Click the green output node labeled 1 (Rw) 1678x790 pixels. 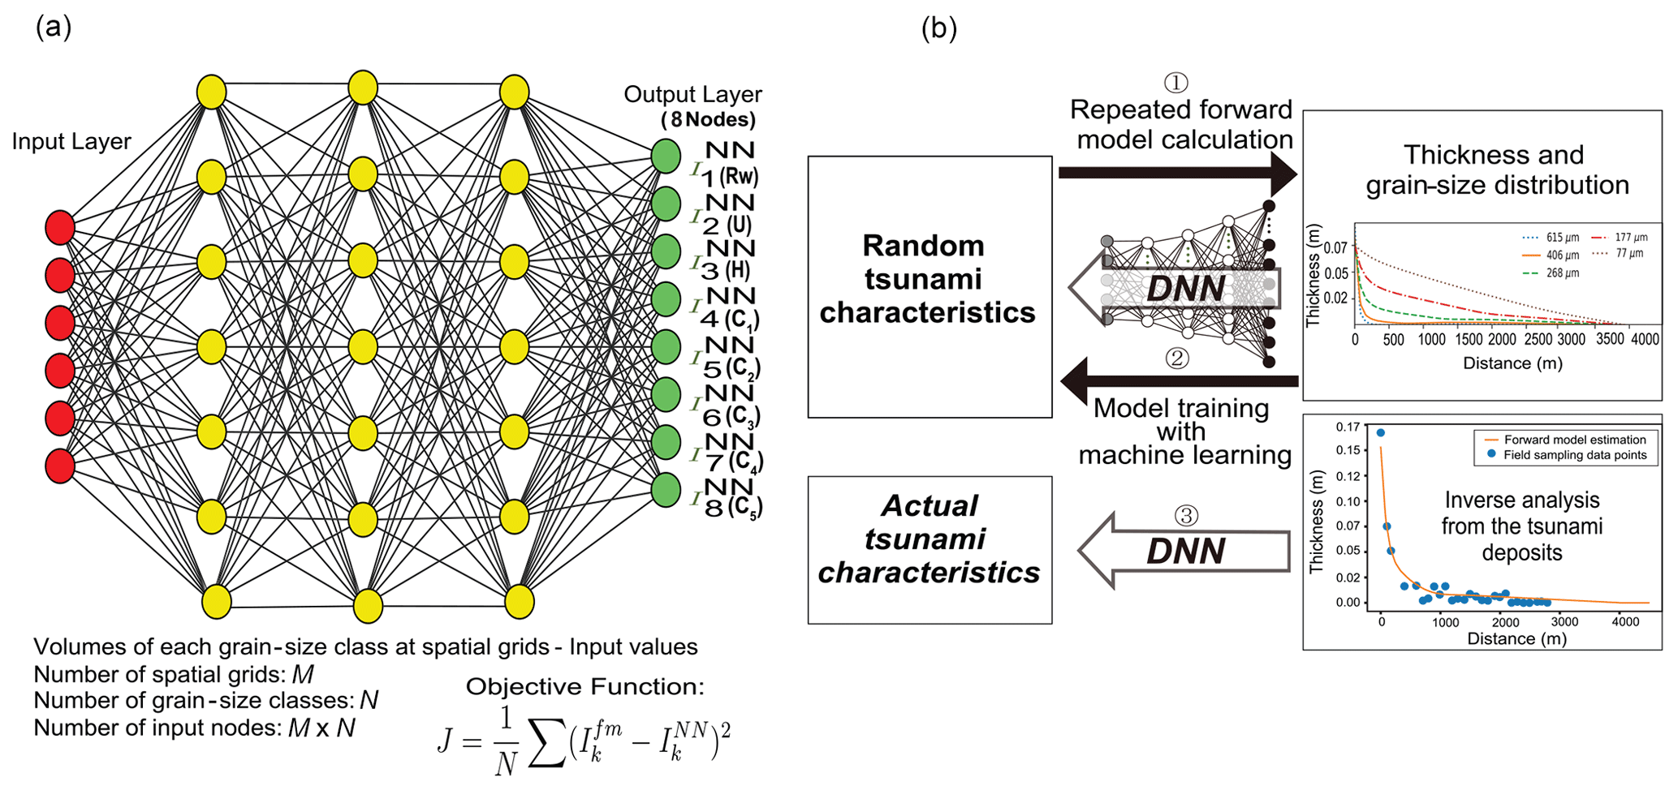click(666, 157)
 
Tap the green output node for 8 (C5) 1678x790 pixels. click(666, 490)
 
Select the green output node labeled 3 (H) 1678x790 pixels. click(666, 251)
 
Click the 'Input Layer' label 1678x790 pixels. click(71, 141)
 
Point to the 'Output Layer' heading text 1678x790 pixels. click(692, 95)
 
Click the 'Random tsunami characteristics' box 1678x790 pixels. click(930, 286)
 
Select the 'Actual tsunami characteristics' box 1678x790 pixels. click(930, 549)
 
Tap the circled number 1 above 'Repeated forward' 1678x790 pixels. click(1176, 82)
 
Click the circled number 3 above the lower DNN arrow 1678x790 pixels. click(1186, 515)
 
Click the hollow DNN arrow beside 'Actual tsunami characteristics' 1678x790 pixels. click(1184, 551)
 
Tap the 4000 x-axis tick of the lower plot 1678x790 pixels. click(1624, 622)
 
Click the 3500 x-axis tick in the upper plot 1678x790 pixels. click(1609, 339)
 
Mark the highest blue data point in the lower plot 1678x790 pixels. click(1381, 433)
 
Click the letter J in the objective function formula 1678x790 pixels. click(445, 740)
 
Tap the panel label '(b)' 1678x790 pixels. click(938, 28)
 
